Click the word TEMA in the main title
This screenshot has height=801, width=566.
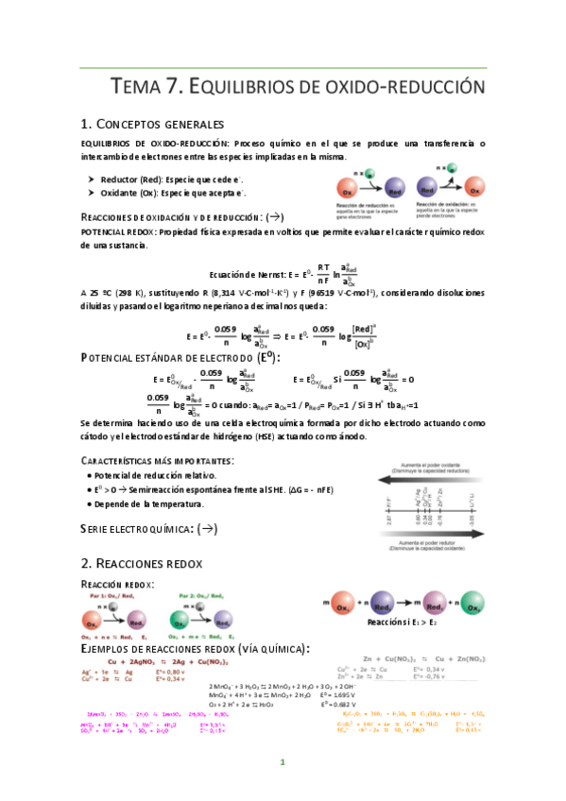coord(141,88)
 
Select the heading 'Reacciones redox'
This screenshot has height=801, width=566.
coord(152,563)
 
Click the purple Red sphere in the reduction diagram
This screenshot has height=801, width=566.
coord(397,187)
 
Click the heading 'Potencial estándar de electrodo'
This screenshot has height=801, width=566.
coord(170,358)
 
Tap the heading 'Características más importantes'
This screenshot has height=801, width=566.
coord(157,460)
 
